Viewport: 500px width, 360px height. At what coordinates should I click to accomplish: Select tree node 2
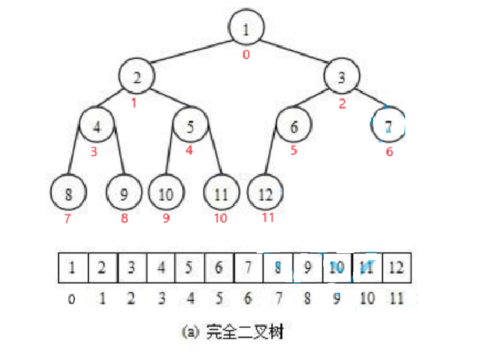coord(137,76)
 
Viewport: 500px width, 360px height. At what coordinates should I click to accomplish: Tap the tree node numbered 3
coord(343,77)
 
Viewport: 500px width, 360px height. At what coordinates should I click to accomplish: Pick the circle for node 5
coord(191,126)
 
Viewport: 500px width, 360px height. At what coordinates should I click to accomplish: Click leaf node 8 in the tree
coord(69,193)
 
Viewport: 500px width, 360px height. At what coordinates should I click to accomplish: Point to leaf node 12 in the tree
coord(265,193)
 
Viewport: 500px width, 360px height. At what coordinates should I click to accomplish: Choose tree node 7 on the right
coord(388,126)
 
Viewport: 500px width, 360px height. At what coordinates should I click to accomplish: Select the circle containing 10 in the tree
coord(166,193)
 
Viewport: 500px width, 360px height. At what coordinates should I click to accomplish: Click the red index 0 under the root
coord(246,55)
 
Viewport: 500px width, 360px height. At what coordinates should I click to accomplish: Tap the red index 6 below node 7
coord(388,152)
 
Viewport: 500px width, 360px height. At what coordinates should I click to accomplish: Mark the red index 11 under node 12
coord(269,218)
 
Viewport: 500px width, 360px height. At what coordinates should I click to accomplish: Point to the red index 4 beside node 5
coord(190,150)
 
